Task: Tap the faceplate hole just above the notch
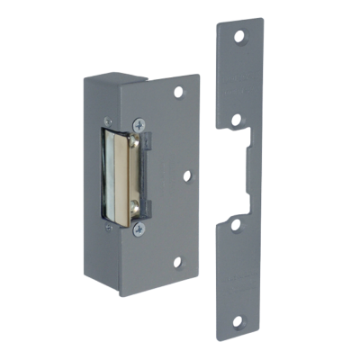click(x=237, y=118)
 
